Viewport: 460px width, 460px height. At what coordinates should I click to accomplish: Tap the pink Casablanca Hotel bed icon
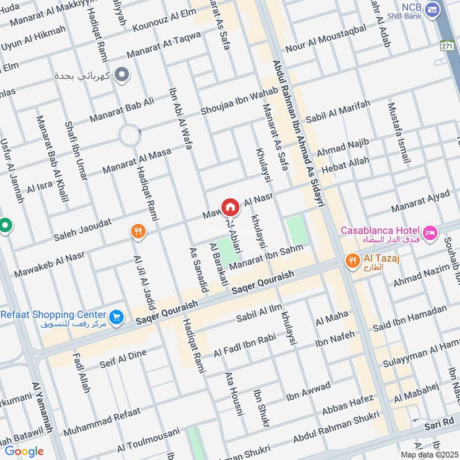click(430, 233)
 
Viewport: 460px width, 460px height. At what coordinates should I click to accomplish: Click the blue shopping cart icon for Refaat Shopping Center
click(117, 317)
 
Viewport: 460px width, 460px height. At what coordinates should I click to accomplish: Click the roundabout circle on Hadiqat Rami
click(130, 136)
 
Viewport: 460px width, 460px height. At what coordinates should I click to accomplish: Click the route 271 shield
click(447, 45)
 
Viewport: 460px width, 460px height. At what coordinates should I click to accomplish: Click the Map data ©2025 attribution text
click(428, 455)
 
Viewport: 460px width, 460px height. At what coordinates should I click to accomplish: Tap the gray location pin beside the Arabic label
click(121, 74)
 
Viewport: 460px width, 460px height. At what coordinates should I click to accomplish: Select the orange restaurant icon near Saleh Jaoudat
click(138, 232)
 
